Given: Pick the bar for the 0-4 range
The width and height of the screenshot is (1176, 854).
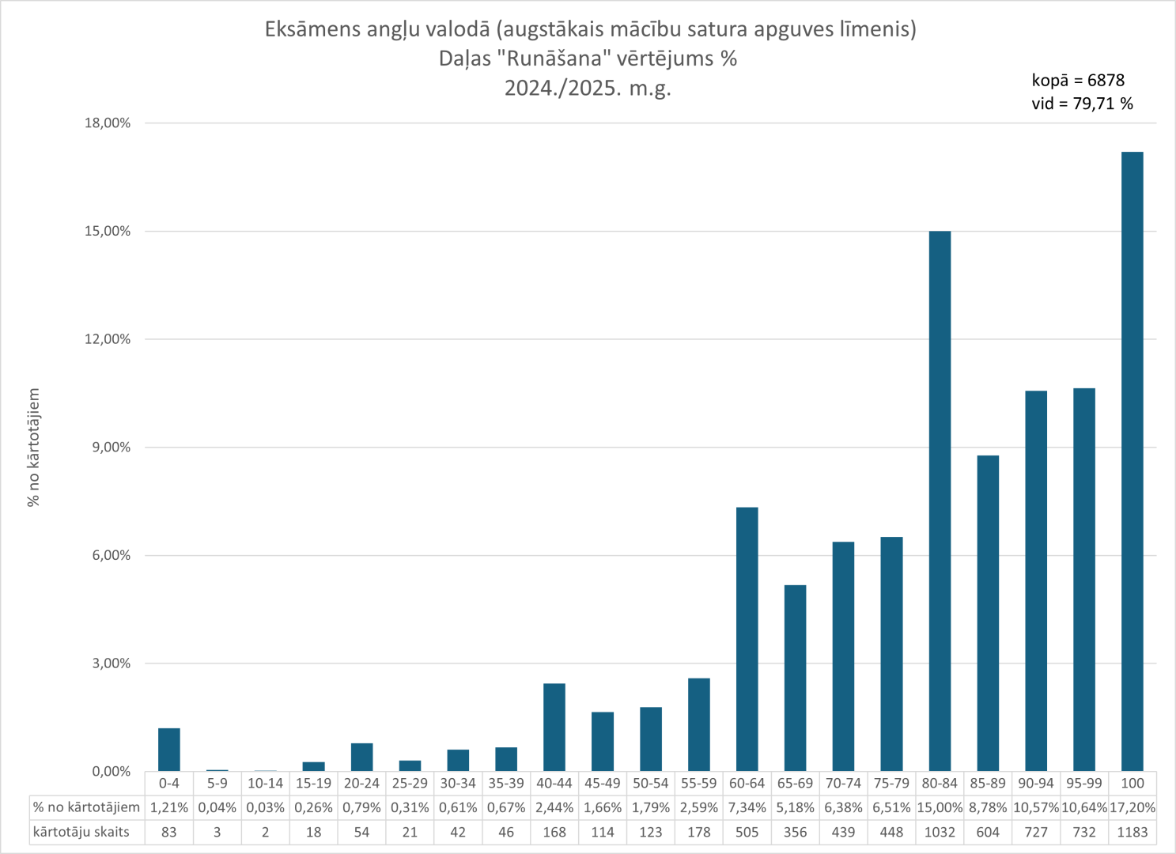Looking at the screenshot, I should [169, 750].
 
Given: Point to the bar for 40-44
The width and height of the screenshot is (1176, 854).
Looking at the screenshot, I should [554, 727].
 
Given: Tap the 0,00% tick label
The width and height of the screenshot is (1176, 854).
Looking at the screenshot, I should [112, 772].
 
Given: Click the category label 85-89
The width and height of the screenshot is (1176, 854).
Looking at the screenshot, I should [988, 784].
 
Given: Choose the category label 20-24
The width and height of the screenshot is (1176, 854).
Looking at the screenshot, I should [361, 784].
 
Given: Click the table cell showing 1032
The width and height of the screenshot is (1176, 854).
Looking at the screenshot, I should [940, 832].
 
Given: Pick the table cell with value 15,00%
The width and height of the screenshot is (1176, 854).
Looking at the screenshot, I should [940, 807].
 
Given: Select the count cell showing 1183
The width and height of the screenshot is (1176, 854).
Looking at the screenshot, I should [1132, 832].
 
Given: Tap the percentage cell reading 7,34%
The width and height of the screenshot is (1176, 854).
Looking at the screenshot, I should [747, 807].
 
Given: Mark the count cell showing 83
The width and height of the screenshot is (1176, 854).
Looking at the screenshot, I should [169, 832].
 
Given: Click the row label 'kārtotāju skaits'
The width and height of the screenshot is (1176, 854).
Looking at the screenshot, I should [81, 832].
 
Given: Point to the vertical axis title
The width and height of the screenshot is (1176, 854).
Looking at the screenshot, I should [33, 448].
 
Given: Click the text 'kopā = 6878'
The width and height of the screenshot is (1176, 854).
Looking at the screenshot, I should [1078, 80].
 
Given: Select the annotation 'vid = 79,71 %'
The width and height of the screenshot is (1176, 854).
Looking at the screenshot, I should [1082, 104].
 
